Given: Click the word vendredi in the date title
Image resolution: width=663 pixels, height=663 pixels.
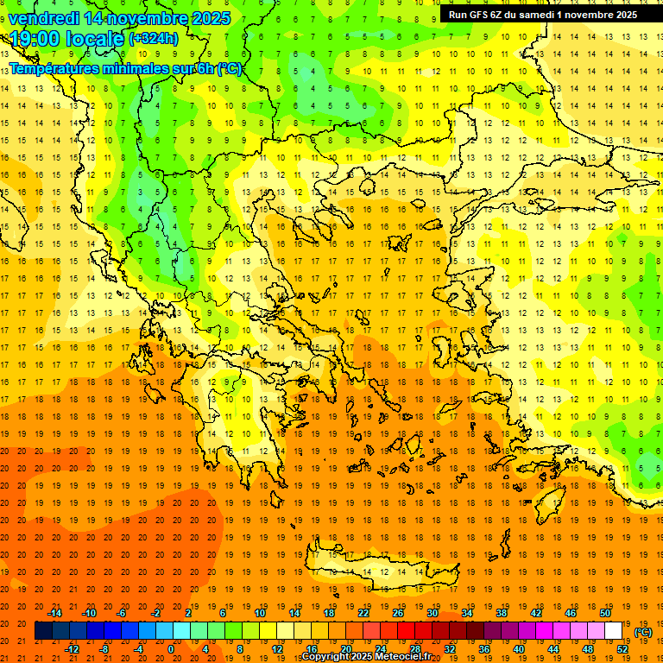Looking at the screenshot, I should click(43, 18).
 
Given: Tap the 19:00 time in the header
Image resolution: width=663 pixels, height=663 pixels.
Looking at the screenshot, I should click(35, 38).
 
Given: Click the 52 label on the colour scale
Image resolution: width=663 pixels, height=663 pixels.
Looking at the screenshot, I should click(622, 649).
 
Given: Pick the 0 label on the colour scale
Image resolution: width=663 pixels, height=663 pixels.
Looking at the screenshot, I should click(171, 649).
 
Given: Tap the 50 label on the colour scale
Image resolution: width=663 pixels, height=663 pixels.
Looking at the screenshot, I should click(605, 613).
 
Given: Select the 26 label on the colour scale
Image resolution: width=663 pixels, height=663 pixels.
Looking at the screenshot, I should click(398, 613).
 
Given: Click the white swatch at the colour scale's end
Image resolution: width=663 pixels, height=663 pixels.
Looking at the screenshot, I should click(614, 631).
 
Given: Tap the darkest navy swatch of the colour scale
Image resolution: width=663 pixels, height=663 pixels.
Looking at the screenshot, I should click(43, 631).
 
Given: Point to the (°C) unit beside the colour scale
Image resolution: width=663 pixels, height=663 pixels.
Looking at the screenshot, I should click(643, 631).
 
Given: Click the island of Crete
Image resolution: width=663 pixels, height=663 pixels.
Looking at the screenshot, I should click(380, 571).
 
